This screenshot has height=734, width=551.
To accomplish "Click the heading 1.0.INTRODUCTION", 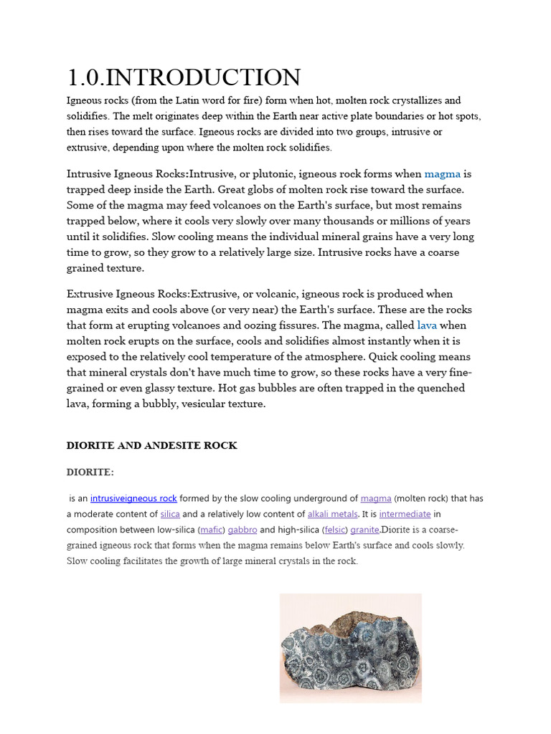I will [x=184, y=77].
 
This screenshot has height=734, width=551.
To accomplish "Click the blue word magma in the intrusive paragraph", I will [x=442, y=173].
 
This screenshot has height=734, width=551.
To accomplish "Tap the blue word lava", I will [x=427, y=325].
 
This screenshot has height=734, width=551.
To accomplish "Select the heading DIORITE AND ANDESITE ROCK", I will [x=151, y=445].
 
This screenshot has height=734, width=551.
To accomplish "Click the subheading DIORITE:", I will [x=90, y=472].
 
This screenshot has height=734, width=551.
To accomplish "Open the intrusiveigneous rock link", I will [x=133, y=498].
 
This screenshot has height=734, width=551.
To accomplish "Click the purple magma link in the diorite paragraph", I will [x=376, y=498].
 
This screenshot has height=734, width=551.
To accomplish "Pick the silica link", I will [x=170, y=514].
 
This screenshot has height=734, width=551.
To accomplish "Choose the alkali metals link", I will [x=332, y=514].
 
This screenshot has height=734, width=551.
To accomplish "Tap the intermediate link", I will [x=405, y=514].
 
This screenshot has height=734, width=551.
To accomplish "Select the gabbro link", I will [x=242, y=530].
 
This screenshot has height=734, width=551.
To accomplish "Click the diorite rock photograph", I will [x=350, y=647].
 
